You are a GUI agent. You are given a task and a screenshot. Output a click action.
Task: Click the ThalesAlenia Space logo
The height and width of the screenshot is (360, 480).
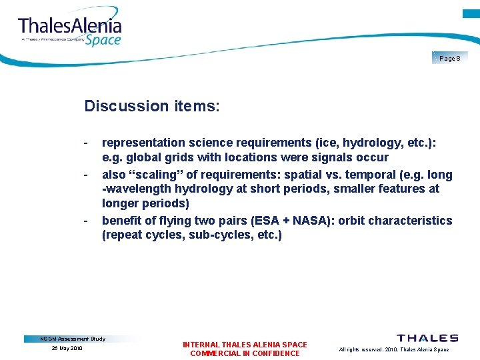pyautogui.click(x=70, y=30)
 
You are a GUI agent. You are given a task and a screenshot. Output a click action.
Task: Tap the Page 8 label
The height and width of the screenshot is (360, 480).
pyautogui.click(x=449, y=59)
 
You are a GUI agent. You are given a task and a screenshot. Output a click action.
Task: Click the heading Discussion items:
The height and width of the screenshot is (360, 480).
pyautogui.click(x=151, y=106)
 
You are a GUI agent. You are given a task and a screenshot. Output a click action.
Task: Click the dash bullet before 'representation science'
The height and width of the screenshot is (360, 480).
pyautogui.click(x=87, y=143)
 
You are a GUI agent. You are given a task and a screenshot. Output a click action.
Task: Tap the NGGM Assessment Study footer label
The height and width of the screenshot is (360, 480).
pyautogui.click(x=73, y=339)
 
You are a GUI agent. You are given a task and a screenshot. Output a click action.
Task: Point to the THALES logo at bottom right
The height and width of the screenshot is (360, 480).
pyautogui.click(x=427, y=339)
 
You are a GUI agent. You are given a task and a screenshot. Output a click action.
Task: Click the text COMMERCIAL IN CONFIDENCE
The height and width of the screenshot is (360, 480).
pyautogui.click(x=245, y=353)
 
